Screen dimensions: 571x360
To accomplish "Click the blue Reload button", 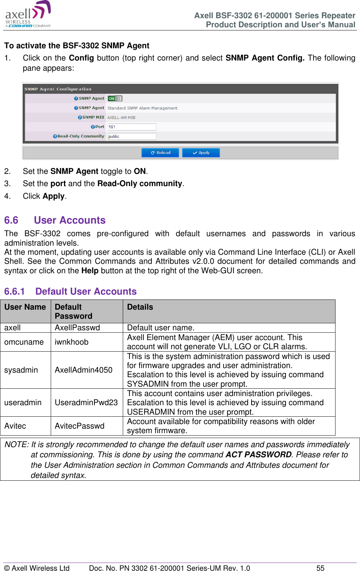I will [x=160, y=153].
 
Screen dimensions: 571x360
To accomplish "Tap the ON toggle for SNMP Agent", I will [x=115, y=99].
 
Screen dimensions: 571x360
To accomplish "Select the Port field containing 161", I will [x=132, y=127].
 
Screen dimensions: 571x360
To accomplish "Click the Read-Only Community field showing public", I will [x=132, y=136].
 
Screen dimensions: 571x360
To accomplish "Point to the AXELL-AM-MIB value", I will [x=121, y=118].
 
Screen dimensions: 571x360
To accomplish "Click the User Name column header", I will [x=25, y=307].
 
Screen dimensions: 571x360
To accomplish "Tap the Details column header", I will [x=140, y=307].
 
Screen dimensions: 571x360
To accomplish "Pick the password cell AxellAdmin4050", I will [x=84, y=370].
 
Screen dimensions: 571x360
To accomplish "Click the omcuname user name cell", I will [x=24, y=342].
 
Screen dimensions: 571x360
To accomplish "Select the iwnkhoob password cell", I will [x=72, y=342].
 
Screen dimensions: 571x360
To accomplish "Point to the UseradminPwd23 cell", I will [x=86, y=402].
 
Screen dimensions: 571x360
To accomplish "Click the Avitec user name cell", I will [x=15, y=426].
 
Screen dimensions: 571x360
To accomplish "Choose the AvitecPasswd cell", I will [x=80, y=426].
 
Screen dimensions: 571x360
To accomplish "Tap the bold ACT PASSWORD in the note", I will [x=259, y=454].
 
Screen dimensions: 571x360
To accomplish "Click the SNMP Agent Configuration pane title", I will [x=58, y=89].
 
